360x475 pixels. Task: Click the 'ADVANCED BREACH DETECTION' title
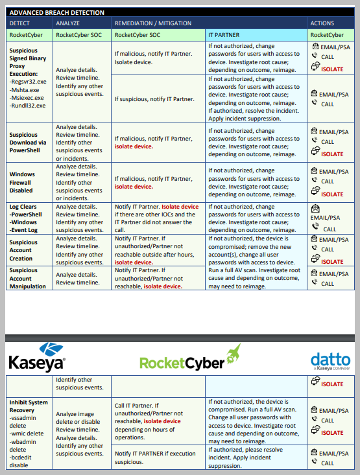(57, 12)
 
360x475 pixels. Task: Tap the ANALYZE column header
(67, 23)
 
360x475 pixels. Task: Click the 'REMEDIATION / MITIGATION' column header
(152, 23)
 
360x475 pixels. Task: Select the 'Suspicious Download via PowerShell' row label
(28, 143)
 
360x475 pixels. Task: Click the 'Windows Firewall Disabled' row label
(23, 182)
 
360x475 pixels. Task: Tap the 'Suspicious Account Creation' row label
(24, 250)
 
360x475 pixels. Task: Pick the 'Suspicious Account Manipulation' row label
(28, 278)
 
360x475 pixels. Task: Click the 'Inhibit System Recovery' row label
(29, 406)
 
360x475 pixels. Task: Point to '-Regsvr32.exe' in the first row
(28, 83)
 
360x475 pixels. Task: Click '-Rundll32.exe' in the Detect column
(27, 105)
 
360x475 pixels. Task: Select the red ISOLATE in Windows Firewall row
(332, 194)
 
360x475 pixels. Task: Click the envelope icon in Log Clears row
(315, 209)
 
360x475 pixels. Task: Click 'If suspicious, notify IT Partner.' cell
(154, 99)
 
